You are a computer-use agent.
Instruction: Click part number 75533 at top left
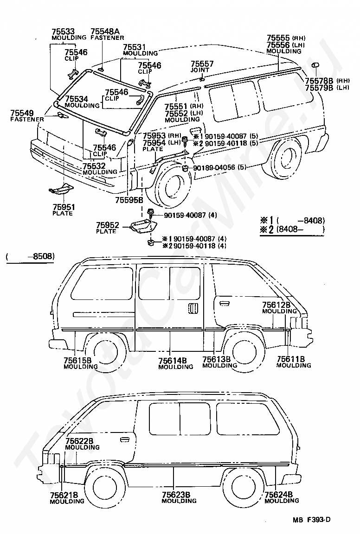63,32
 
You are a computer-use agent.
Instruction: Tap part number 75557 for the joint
202,64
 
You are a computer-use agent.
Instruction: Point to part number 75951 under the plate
64,207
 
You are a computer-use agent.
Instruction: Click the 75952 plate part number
108,225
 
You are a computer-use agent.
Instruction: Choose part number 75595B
129,200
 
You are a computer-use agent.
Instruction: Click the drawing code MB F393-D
311,520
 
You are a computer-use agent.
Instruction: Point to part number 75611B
291,359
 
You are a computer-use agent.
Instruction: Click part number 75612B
276,305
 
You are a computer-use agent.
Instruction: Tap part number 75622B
79,441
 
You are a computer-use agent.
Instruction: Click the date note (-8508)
30,256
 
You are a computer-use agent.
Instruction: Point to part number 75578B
319,81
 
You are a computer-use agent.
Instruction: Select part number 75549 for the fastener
22,113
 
